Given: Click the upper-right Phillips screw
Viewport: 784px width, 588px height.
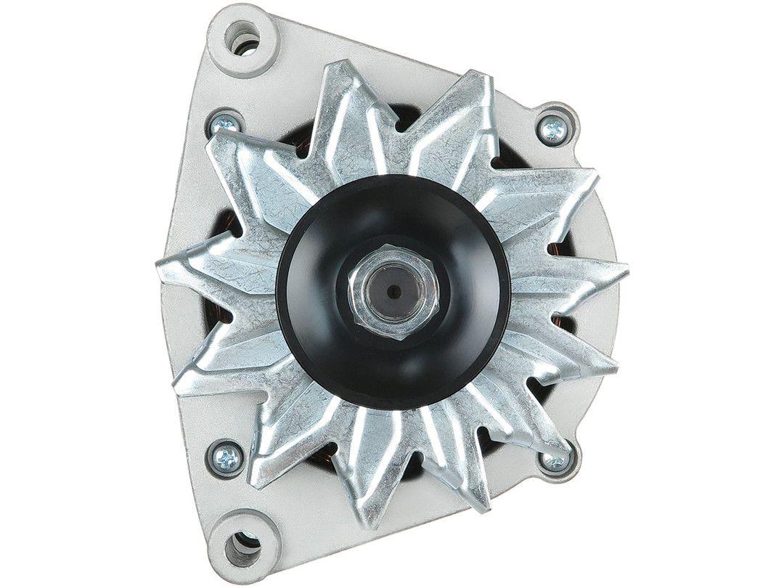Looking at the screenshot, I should (x=554, y=129).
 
